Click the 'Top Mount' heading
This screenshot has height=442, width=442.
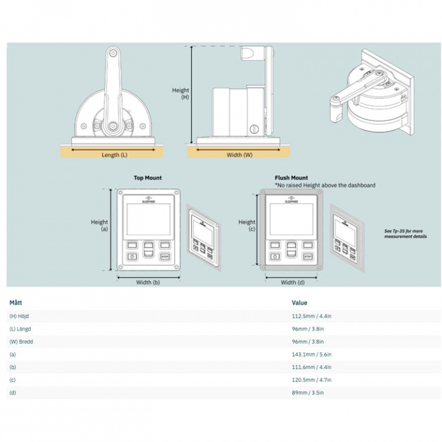[148, 178]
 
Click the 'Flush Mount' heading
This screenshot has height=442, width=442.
[291, 178]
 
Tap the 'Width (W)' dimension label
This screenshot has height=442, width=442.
[239, 155]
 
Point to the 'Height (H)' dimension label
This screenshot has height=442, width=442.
[180, 93]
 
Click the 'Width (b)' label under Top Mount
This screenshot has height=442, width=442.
[147, 283]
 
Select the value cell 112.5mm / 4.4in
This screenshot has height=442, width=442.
[311, 316]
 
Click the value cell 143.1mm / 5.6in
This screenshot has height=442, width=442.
[311, 354]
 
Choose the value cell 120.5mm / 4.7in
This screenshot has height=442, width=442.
[311, 380]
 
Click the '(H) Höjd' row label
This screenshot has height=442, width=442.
[19, 316]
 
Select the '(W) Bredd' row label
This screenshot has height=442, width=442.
[21, 341]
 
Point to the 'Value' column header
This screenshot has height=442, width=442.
[300, 303]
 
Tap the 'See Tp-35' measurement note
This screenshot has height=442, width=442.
[405, 234]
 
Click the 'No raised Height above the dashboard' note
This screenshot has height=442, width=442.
[325, 185]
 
